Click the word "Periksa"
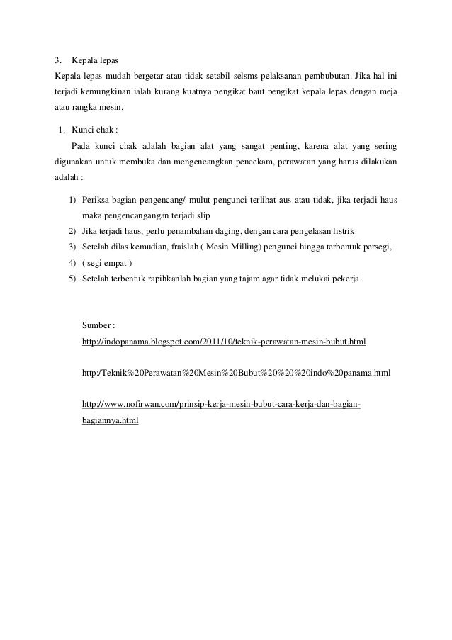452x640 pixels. (x=97, y=201)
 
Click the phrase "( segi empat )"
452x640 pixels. (x=107, y=263)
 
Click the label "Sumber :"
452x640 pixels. (x=98, y=325)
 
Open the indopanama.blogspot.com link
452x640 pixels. (x=224, y=342)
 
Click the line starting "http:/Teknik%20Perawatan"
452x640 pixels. (x=237, y=372)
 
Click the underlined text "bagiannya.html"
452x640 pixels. (x=110, y=420)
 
